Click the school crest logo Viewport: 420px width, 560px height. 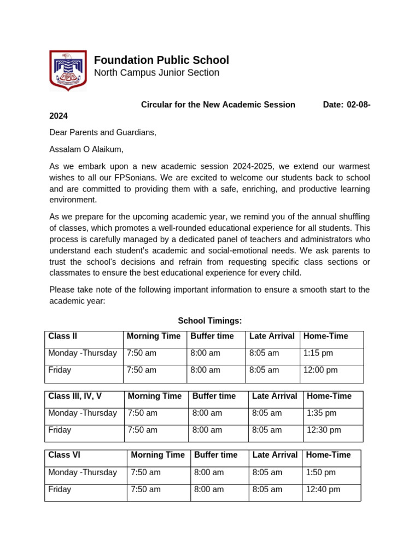[x=68, y=70]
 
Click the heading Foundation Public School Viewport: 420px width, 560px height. [x=161, y=60]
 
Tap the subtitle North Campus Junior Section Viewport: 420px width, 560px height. [x=156, y=73]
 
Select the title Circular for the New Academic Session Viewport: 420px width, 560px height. [x=218, y=104]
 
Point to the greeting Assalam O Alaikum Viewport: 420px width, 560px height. [x=86, y=149]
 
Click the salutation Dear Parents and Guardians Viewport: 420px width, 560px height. [x=103, y=132]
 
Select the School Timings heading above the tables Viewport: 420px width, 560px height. [x=210, y=320]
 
